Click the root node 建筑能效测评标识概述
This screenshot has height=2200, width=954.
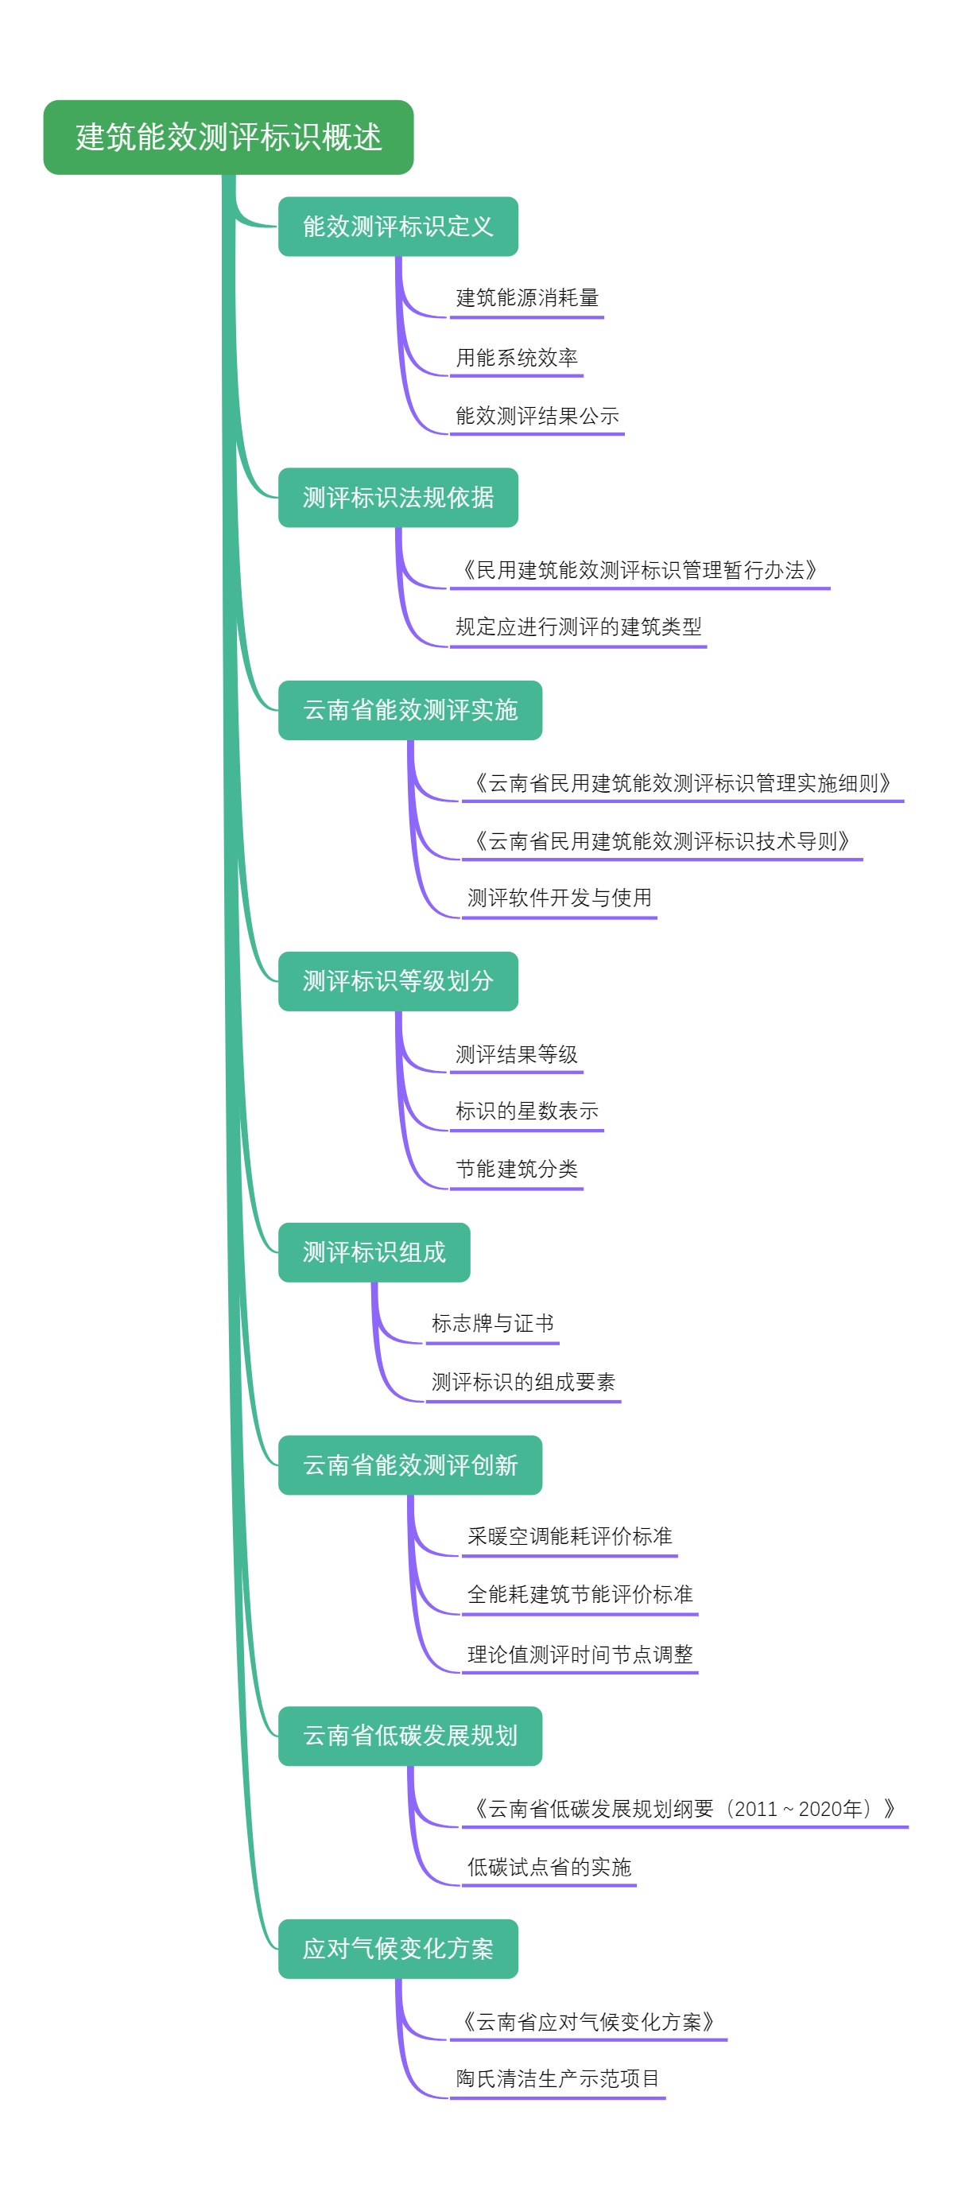[x=228, y=138]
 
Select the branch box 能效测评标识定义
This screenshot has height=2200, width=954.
[x=398, y=227]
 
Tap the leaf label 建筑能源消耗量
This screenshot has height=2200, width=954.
[x=527, y=298]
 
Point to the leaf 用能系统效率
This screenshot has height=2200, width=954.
[x=516, y=357]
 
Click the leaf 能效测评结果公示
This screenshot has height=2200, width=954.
[x=537, y=416]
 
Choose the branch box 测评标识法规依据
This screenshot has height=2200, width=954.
[x=398, y=497]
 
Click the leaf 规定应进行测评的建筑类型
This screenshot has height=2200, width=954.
[x=578, y=627]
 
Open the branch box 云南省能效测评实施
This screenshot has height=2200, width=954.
[x=410, y=710]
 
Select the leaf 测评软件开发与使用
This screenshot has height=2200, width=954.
[x=560, y=898]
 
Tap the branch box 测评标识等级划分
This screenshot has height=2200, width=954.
[x=398, y=980]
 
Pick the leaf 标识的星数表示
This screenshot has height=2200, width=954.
[x=527, y=1111]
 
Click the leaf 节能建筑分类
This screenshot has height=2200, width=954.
[x=516, y=1170]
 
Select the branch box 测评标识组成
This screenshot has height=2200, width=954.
[x=374, y=1252]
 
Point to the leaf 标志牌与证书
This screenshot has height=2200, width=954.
[x=492, y=1324]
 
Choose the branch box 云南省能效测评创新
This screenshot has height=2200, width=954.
[x=410, y=1465]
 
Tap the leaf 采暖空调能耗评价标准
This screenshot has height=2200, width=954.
[x=570, y=1536]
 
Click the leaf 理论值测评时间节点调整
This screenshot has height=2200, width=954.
[x=580, y=1655]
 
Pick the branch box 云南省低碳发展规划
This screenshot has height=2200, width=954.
[x=410, y=1736]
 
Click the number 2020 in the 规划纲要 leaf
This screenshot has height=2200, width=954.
[x=820, y=1809]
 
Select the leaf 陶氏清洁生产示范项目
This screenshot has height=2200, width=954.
[x=558, y=2078]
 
